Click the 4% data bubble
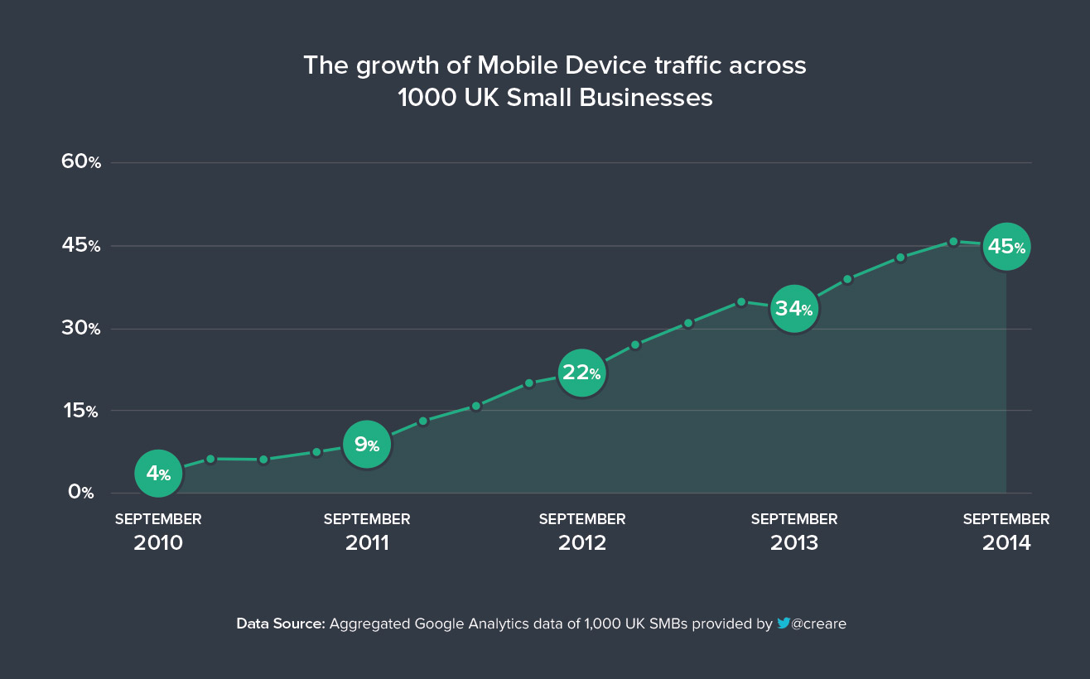(x=158, y=474)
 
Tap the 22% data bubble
(x=582, y=373)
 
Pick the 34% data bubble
(x=794, y=309)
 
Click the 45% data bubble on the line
(x=1006, y=247)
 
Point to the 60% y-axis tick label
(x=81, y=162)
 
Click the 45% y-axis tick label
(x=81, y=245)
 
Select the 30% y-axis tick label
(x=81, y=329)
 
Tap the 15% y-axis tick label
(x=81, y=411)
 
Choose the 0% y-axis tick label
(x=81, y=492)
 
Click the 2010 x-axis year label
(x=158, y=543)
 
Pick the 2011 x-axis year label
(x=367, y=543)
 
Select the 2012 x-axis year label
(x=582, y=543)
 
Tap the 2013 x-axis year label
(x=794, y=543)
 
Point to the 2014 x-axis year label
(x=1006, y=543)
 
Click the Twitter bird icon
(x=783, y=624)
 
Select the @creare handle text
(x=819, y=624)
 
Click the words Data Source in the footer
(x=281, y=624)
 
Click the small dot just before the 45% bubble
(x=953, y=242)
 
